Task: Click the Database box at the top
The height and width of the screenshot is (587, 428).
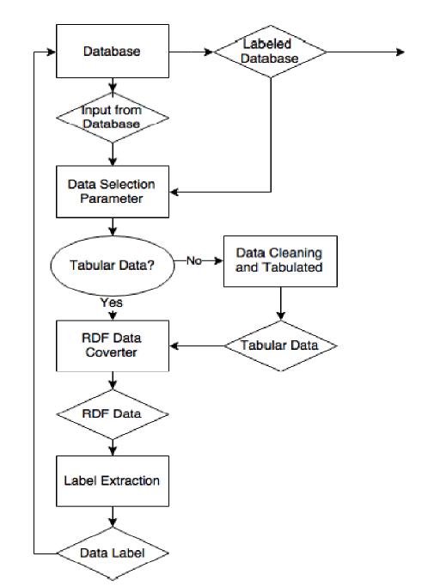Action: click(113, 52)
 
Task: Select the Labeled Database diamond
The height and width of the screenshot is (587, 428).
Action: click(270, 52)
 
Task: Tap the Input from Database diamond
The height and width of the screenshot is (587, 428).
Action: click(113, 118)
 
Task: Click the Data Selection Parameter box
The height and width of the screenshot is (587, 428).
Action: click(113, 192)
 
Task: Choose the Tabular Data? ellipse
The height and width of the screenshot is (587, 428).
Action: click(113, 266)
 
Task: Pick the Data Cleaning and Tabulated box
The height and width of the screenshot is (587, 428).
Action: click(280, 261)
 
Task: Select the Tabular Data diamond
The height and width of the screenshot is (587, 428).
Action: click(280, 345)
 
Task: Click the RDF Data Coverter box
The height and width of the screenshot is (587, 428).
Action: click(113, 345)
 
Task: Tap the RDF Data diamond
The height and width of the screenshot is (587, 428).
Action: click(113, 414)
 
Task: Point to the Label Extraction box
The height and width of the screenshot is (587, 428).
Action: click(113, 481)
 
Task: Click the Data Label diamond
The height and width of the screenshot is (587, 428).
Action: click(113, 553)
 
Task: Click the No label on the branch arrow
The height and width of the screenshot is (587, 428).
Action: click(194, 260)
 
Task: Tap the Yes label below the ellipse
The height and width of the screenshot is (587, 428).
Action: click(111, 303)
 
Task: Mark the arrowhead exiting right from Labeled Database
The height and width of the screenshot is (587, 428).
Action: click(400, 52)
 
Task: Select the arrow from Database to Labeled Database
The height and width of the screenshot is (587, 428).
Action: click(191, 52)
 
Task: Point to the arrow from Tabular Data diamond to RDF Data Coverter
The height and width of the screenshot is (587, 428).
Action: click(197, 345)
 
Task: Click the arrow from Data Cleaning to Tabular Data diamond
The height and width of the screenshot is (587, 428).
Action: click(280, 303)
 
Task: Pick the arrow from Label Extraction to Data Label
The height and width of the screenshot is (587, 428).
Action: click(113, 517)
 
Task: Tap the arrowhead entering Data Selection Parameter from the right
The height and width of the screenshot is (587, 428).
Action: click(174, 192)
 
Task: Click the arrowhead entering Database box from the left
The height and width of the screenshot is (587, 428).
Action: click(52, 52)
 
